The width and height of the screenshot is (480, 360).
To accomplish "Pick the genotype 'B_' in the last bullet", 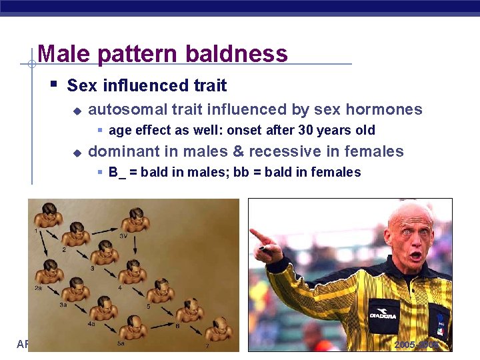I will pyautogui.click(x=117, y=173).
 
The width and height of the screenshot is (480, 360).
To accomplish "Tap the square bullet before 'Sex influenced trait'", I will pyautogui.click(x=53, y=85).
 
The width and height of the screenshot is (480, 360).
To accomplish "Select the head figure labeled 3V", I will pyautogui.click(x=135, y=220).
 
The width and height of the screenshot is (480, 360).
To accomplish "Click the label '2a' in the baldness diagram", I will pyautogui.click(x=39, y=288).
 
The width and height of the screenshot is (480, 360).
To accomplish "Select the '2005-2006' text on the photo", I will pyautogui.click(x=417, y=345).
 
